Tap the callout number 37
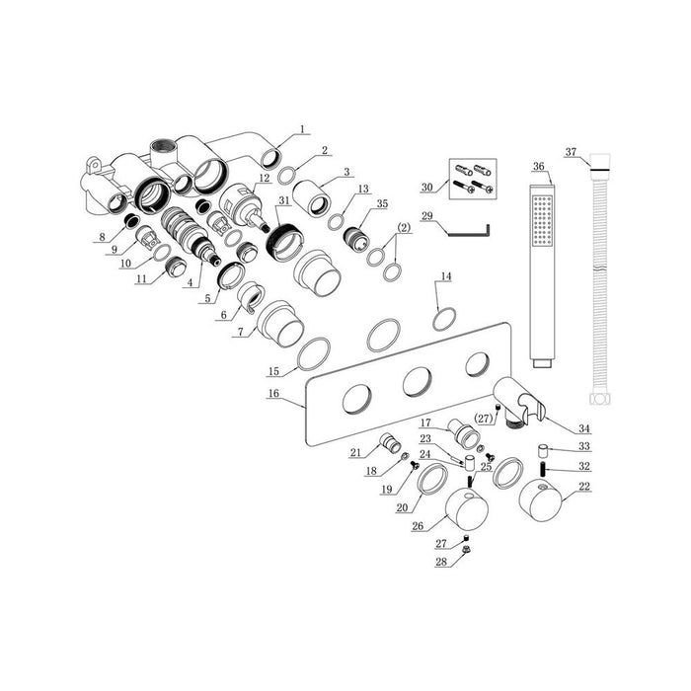[571, 151]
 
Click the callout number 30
[425, 187]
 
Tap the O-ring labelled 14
[444, 320]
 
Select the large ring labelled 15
[314, 353]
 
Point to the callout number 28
[441, 562]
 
